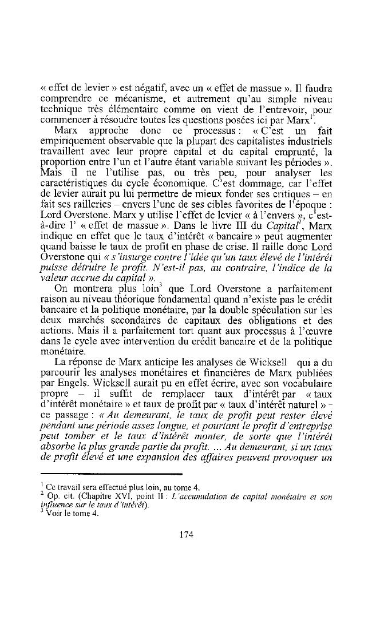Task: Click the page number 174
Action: click(x=185, y=535)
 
